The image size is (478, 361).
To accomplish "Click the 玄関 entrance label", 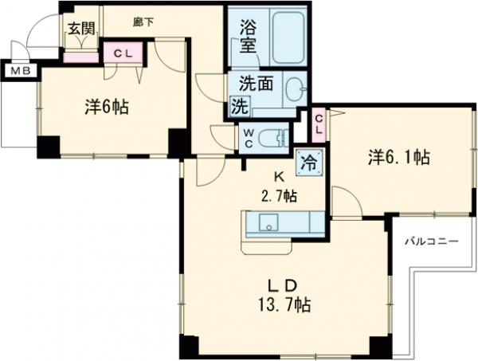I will click(x=80, y=27).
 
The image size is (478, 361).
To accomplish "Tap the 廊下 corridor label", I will click(x=143, y=23).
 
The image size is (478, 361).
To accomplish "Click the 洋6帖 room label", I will click(x=107, y=108).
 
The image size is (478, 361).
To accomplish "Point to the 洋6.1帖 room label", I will click(x=399, y=158).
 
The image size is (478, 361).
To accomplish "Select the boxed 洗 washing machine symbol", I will click(x=239, y=106).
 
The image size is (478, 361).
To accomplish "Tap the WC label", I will click(x=249, y=137).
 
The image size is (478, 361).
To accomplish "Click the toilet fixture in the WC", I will click(x=275, y=137).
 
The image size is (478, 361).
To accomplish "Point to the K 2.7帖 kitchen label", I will click(x=281, y=187).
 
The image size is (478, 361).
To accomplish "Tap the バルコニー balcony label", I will click(x=429, y=240).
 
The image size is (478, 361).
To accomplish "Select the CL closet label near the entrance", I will click(x=123, y=53).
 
